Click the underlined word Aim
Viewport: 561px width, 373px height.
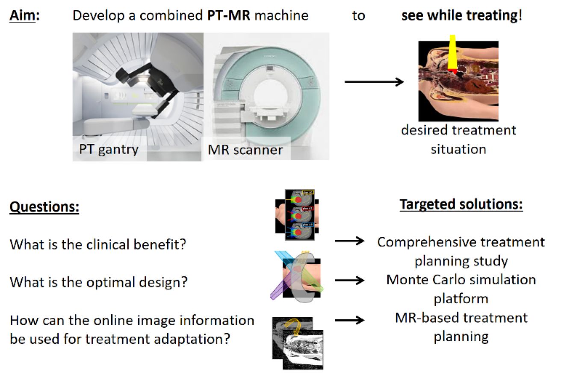coord(23,15)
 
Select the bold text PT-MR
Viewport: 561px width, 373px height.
coord(229,15)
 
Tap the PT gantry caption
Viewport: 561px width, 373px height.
coord(109,150)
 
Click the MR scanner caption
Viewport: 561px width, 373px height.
coord(245,150)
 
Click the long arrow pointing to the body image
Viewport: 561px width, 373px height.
coord(374,82)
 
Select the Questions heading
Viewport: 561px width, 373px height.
coord(44,207)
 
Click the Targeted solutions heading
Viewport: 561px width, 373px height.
coord(461,204)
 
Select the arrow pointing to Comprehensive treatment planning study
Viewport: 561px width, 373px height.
coord(350,241)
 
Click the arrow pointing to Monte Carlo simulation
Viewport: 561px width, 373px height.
coord(350,280)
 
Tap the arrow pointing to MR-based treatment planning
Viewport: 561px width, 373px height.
coord(350,320)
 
